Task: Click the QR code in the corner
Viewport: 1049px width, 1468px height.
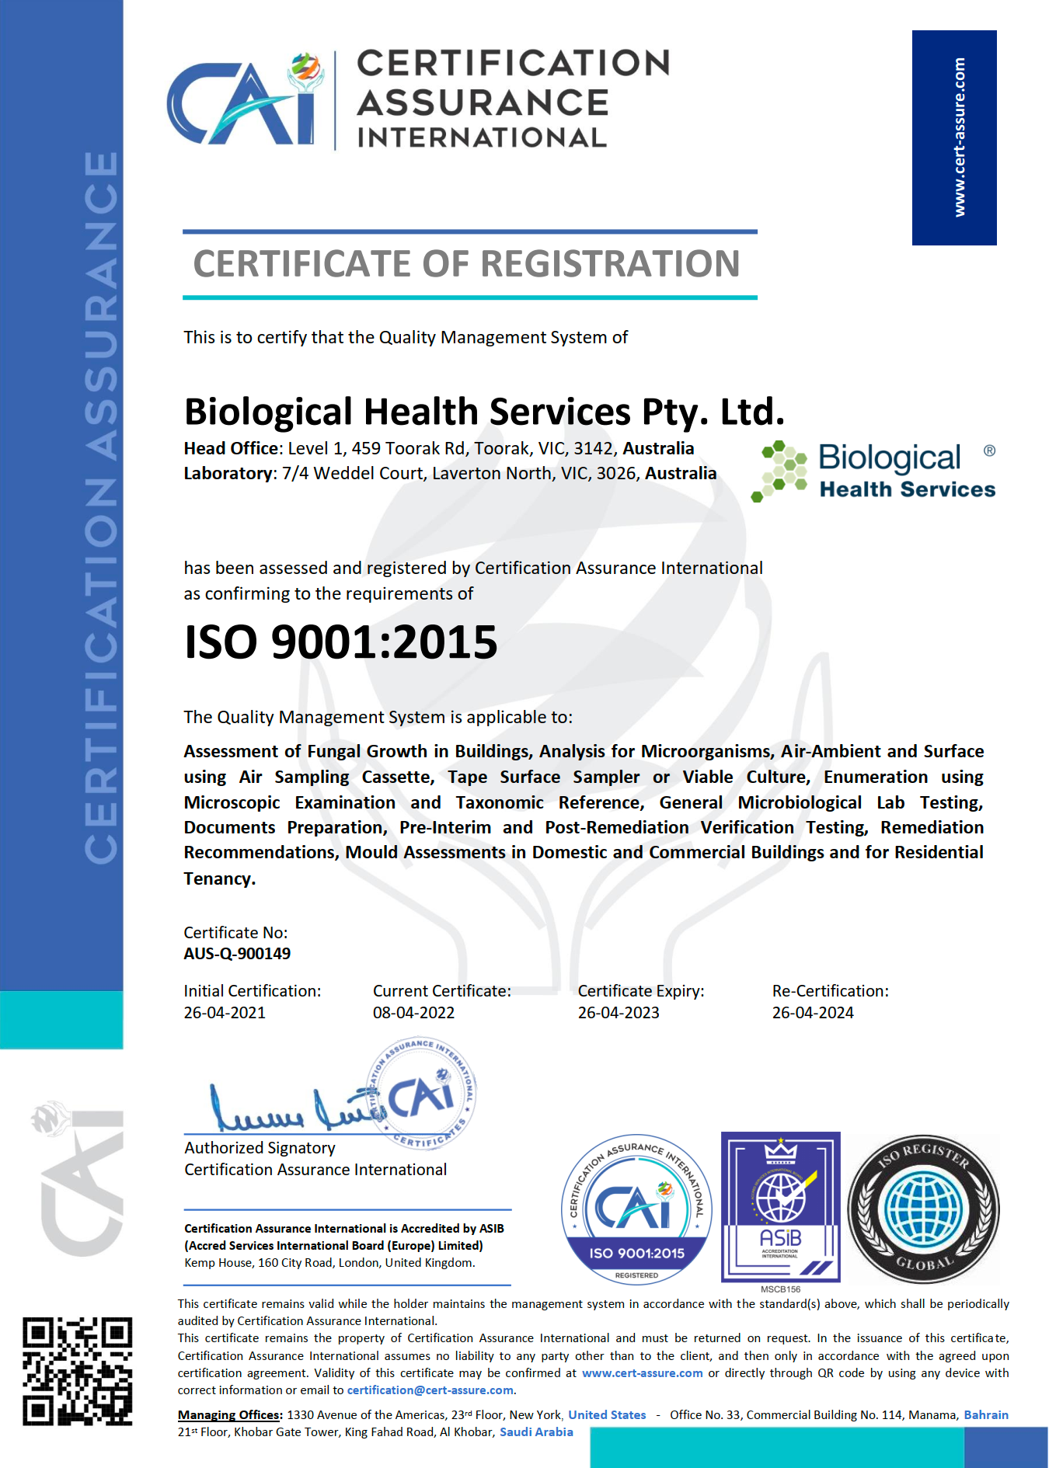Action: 77,1371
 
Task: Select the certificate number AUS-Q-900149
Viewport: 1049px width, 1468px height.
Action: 237,954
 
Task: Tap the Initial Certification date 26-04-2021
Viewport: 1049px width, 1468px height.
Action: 225,1013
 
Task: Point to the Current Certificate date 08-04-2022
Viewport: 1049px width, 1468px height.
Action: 413,1013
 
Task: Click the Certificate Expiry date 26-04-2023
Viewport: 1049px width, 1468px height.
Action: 619,1013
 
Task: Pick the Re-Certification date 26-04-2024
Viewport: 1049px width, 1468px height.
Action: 813,1013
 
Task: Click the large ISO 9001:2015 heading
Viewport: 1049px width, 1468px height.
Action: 340,642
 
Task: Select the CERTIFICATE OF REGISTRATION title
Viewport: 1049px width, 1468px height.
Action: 466,264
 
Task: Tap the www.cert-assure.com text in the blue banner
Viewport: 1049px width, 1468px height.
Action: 960,137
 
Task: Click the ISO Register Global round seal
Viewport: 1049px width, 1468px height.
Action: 923,1209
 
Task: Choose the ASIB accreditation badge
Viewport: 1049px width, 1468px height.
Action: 781,1206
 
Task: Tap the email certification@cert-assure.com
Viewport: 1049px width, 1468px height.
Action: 430,1390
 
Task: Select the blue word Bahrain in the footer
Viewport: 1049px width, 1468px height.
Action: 986,1415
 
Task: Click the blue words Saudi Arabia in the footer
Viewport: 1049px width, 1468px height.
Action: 536,1432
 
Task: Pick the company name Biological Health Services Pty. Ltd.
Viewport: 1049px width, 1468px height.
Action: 484,412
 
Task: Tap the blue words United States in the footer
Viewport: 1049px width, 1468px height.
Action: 607,1415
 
